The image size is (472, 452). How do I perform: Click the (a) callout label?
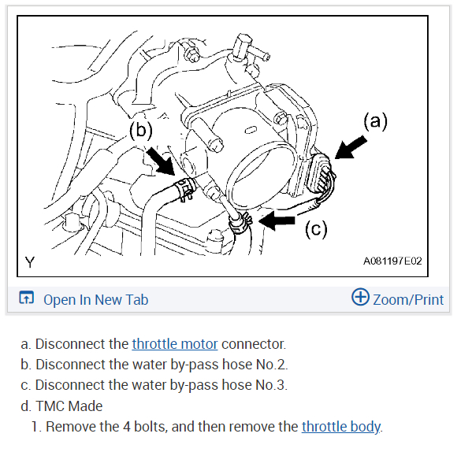(x=375, y=121)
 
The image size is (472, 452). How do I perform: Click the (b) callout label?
(x=141, y=130)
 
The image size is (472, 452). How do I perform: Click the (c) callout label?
(x=316, y=229)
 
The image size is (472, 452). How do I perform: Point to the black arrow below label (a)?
(x=351, y=147)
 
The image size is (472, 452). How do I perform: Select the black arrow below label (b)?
(x=160, y=161)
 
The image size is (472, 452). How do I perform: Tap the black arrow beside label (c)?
(x=277, y=220)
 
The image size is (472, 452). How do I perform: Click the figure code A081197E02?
(x=392, y=261)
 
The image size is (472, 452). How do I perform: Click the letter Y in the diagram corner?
(x=30, y=262)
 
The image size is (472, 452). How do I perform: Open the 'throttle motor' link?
(x=175, y=344)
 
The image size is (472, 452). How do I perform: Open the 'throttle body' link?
(x=341, y=427)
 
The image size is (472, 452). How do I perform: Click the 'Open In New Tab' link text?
(x=95, y=300)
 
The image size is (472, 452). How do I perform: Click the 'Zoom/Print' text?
(x=408, y=300)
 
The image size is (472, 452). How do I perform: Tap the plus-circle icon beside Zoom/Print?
(x=360, y=297)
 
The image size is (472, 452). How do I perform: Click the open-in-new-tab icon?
(x=27, y=298)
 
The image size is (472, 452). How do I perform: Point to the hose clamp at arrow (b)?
(x=185, y=188)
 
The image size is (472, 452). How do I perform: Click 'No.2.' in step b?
(x=272, y=365)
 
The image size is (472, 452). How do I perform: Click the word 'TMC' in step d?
(x=49, y=406)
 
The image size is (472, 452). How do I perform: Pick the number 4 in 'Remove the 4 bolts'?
(x=126, y=427)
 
